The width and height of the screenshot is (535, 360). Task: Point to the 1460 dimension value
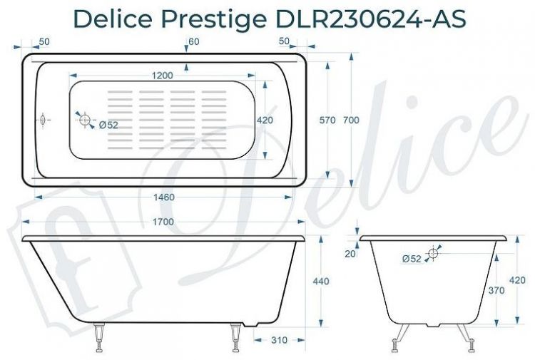click(x=164, y=197)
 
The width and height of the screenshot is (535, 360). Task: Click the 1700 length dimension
click(x=163, y=222)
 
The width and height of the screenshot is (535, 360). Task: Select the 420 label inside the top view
click(x=265, y=120)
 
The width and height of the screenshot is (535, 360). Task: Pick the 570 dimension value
click(x=327, y=120)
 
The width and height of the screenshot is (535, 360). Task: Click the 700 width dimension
click(x=351, y=120)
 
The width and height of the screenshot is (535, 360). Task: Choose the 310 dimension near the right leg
click(x=279, y=340)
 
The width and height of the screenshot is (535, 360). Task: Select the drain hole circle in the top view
click(x=85, y=120)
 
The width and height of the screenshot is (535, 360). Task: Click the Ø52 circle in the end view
click(x=433, y=253)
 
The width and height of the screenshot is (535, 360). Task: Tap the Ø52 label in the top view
click(x=108, y=125)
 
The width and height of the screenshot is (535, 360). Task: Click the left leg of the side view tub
click(x=100, y=339)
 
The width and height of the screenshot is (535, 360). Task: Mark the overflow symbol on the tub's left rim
click(x=42, y=120)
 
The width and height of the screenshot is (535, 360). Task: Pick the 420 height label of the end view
click(x=522, y=279)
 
